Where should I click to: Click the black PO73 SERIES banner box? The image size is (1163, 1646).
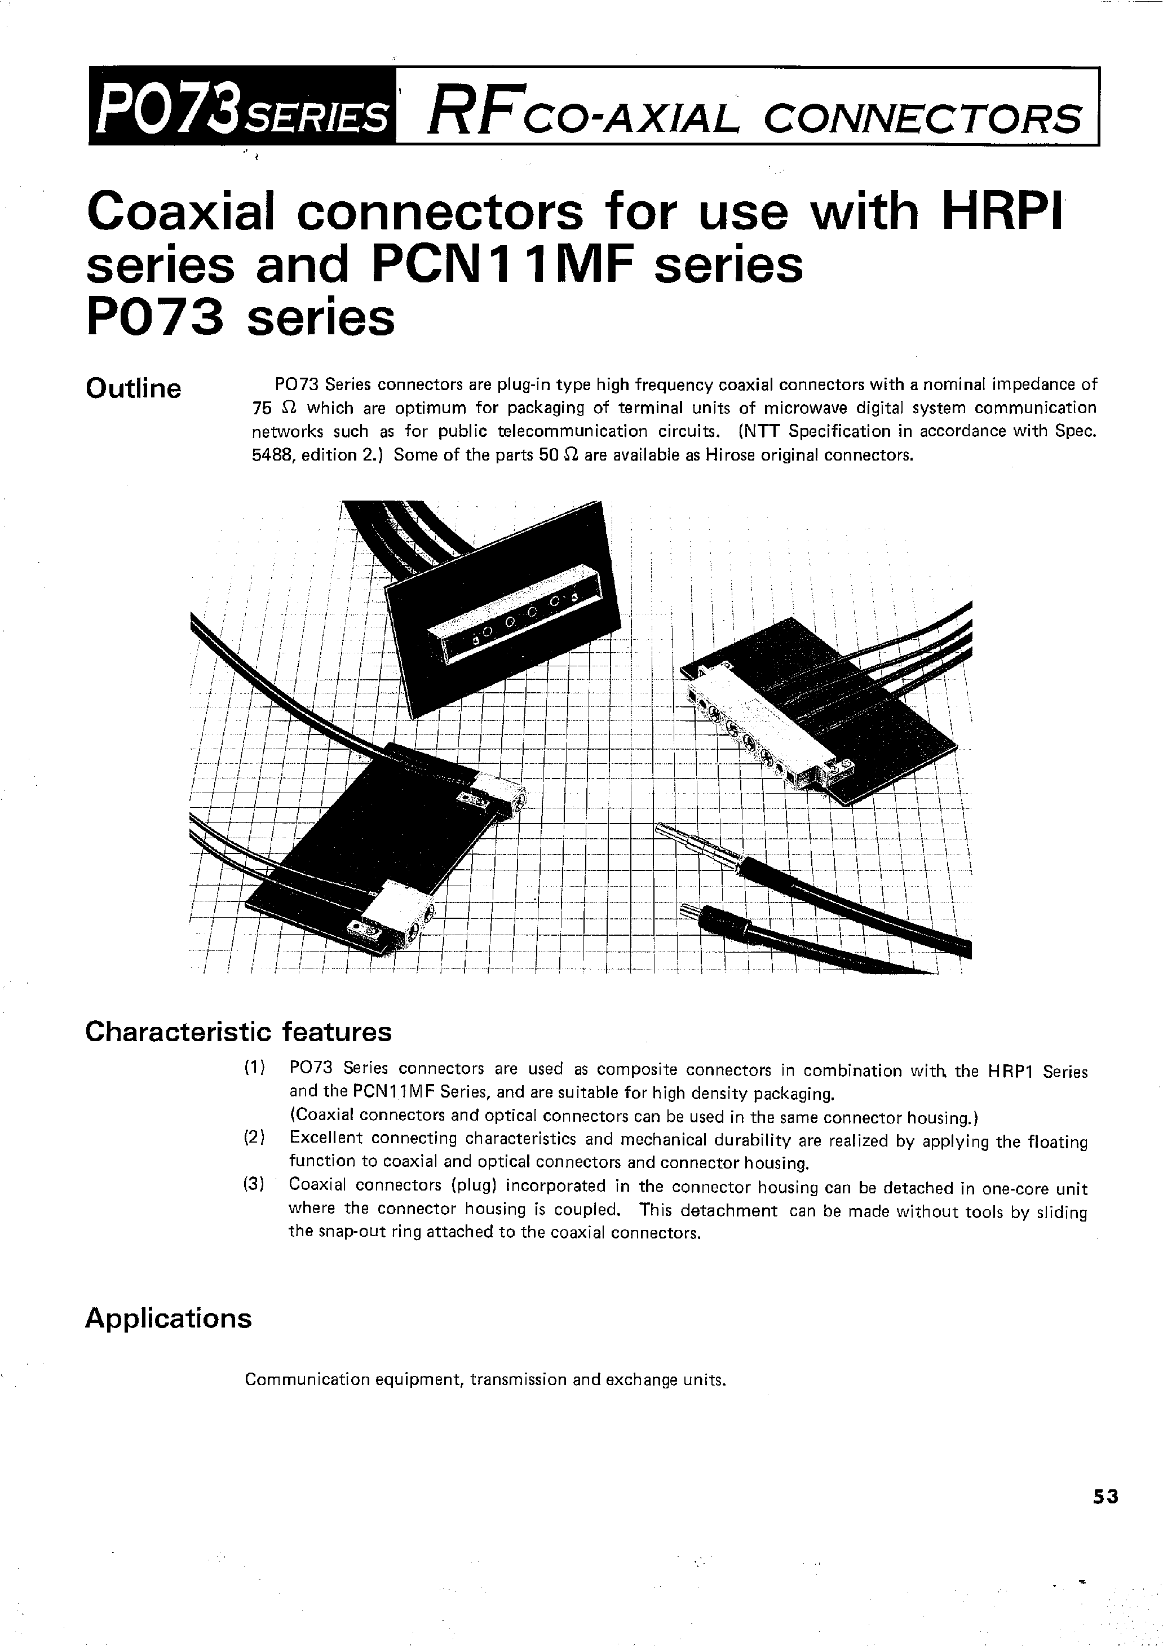(242, 106)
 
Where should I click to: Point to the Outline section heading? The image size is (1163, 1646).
(134, 388)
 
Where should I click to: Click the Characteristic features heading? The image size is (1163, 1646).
(238, 1032)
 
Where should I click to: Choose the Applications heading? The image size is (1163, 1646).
(169, 1318)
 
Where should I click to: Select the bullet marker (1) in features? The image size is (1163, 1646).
(255, 1068)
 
